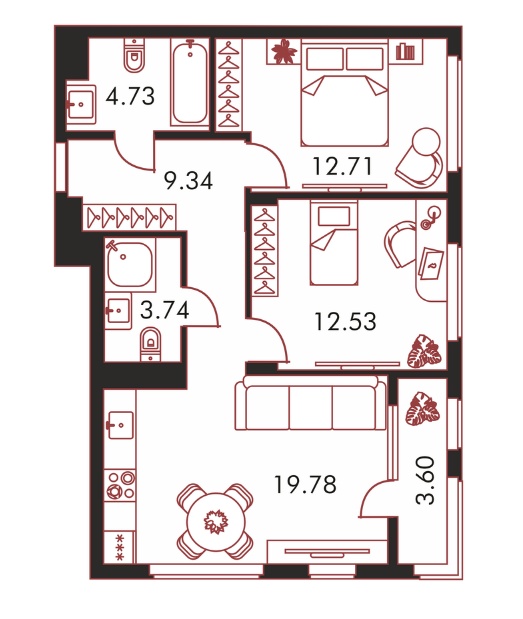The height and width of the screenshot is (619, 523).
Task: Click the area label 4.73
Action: pyautogui.click(x=130, y=96)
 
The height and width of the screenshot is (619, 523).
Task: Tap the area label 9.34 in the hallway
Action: pyautogui.click(x=188, y=181)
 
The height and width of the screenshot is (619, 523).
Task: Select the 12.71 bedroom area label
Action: pyautogui.click(x=342, y=166)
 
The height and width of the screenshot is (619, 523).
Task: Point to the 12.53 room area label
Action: pyautogui.click(x=345, y=321)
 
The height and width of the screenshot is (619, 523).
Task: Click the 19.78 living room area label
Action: pyautogui.click(x=305, y=484)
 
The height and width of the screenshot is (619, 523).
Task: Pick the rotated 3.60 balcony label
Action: pyautogui.click(x=426, y=480)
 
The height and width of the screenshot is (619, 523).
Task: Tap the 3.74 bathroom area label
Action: pyautogui.click(x=165, y=310)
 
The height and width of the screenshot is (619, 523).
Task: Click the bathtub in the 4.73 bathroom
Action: pyautogui.click(x=190, y=83)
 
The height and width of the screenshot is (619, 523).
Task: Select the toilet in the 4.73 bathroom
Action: pyautogui.click(x=134, y=55)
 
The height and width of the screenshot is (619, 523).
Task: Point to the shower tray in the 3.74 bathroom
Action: pyautogui.click(x=130, y=264)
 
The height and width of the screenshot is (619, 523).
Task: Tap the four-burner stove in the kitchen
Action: pyautogui.click(x=121, y=485)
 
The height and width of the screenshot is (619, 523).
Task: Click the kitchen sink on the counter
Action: pyautogui.click(x=120, y=425)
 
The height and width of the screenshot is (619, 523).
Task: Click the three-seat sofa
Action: pyautogui.click(x=311, y=403)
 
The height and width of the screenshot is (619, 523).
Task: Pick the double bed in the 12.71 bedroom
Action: pyautogui.click(x=345, y=92)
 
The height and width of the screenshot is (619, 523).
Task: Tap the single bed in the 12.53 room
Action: pyautogui.click(x=334, y=242)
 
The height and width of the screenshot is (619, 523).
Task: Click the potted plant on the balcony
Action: pyautogui.click(x=422, y=409)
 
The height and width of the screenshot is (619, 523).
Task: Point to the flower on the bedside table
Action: pyautogui.click(x=283, y=51)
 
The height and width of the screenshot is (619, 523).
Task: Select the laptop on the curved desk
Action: pyautogui.click(x=431, y=263)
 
